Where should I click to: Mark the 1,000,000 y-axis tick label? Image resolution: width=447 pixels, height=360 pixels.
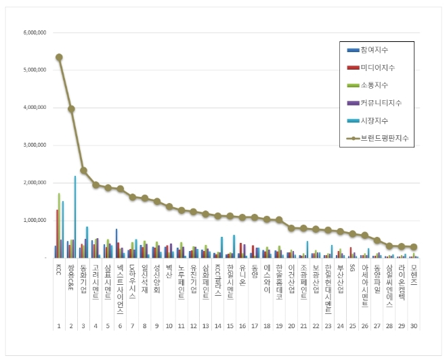[35, 221]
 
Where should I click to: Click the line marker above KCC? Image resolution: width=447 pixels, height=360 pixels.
[59, 58]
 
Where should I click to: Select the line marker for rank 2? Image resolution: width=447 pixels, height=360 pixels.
[71, 109]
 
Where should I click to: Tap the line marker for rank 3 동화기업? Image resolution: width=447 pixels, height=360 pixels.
[83, 171]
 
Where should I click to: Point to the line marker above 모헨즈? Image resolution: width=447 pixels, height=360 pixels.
[413, 247]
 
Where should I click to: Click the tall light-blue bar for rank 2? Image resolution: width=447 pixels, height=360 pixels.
[75, 217]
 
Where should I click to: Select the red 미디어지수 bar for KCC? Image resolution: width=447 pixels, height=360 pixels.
[57, 233]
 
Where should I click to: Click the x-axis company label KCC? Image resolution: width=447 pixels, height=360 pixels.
[59, 271]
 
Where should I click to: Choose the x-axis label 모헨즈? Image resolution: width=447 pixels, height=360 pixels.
[413, 275]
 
